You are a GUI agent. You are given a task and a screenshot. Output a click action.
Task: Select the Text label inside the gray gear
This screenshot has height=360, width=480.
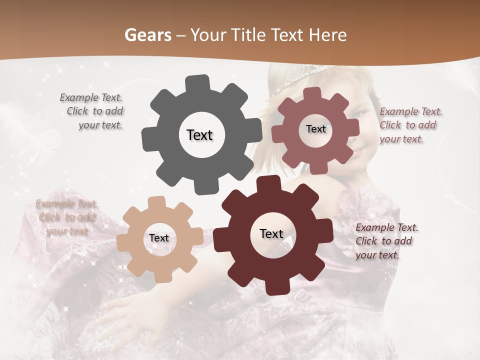click(x=199, y=135)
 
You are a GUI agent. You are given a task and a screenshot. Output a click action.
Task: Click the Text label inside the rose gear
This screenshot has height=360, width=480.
click(x=315, y=129)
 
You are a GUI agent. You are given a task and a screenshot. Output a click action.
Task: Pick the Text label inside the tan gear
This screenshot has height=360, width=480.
click(x=158, y=238)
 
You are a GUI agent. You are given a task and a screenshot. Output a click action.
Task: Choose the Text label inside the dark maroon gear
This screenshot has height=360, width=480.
click(x=271, y=233)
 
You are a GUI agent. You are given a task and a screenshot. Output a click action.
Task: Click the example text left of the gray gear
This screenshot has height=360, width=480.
click(x=92, y=111)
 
